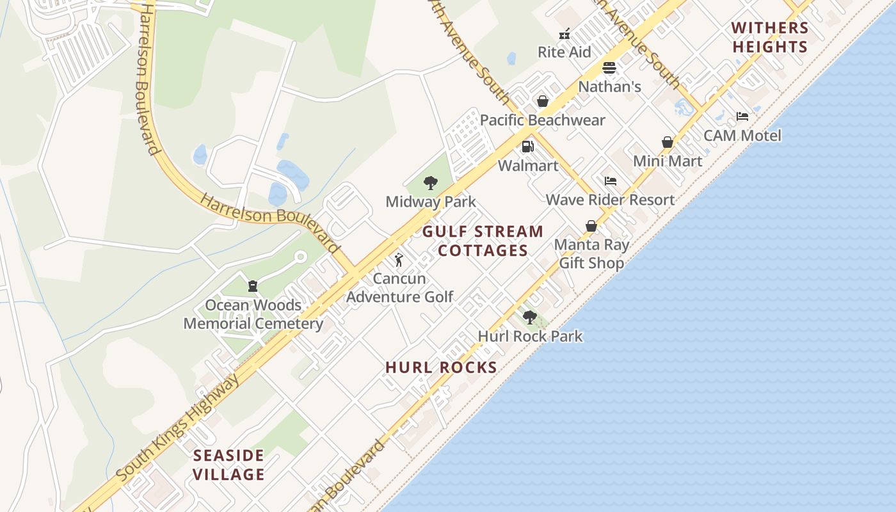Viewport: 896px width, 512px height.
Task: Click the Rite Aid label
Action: point(564,52)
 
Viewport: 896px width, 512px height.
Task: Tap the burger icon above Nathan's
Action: point(609,68)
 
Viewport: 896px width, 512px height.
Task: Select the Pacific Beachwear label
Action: point(542,120)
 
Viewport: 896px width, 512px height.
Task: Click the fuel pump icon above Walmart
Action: point(527,147)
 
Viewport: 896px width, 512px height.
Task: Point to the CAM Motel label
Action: point(742,136)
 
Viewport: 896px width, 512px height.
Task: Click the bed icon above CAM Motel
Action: point(742,116)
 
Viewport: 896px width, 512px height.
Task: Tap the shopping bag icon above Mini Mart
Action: point(668,142)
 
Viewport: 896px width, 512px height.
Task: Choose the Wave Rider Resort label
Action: point(610,200)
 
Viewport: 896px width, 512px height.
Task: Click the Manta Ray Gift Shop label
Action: point(591,253)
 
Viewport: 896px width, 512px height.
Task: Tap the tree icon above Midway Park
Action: point(431,184)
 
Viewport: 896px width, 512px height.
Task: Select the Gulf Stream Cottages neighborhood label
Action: point(483,241)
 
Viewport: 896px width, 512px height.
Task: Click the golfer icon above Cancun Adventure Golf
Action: point(399,260)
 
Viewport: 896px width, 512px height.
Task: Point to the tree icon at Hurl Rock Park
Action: point(529,317)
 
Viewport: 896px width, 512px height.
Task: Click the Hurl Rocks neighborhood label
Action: point(442,367)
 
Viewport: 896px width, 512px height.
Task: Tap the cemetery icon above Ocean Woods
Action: point(253,285)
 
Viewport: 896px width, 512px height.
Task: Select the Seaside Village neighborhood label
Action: point(229,465)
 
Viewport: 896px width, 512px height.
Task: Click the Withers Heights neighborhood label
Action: point(771,37)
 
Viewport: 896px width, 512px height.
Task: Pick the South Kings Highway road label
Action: point(179,428)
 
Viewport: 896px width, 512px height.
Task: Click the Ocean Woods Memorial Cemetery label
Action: point(253,314)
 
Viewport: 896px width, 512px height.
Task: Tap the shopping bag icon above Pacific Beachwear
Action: point(543,101)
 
